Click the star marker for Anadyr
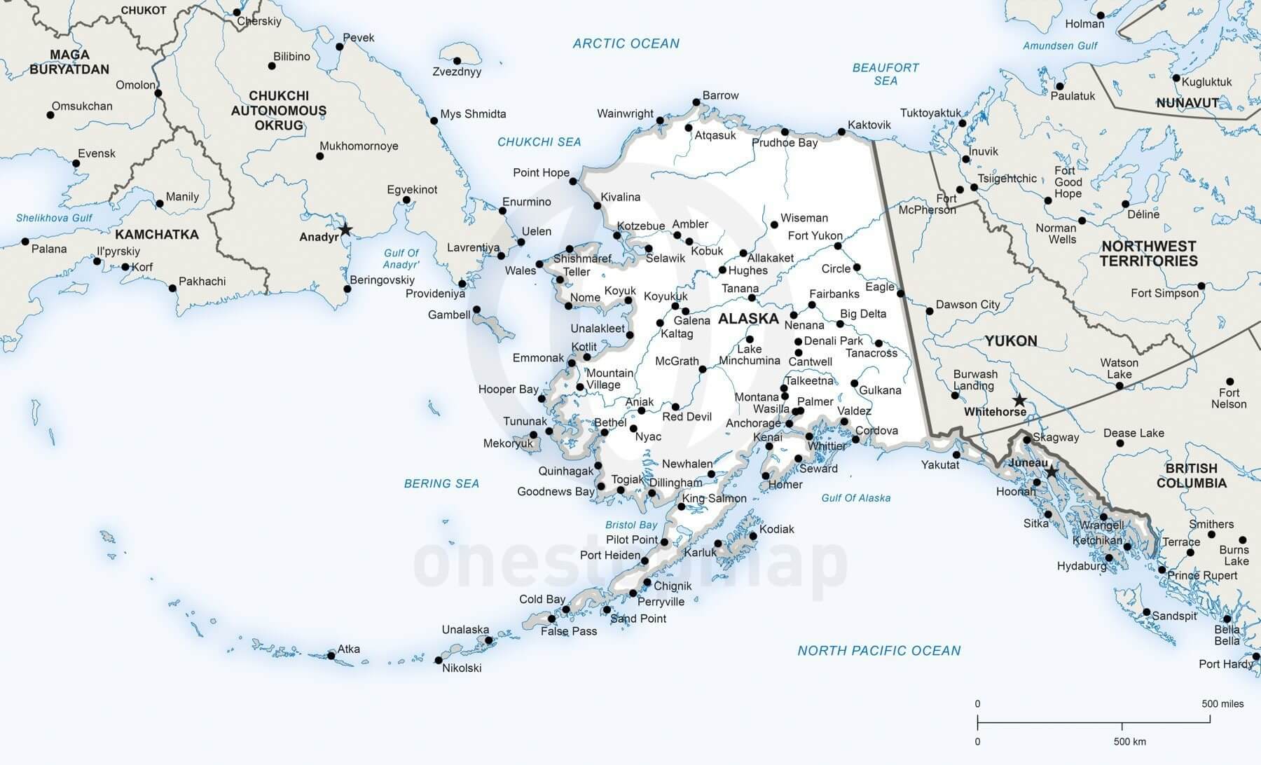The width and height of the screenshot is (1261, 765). [345, 230]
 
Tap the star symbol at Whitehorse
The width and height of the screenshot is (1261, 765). [1020, 401]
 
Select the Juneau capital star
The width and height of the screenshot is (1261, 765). [1051, 473]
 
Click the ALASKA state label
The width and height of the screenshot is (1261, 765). [748, 319]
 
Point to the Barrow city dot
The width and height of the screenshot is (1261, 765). [696, 102]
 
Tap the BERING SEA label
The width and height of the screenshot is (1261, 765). [441, 483]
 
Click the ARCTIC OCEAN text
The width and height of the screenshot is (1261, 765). [626, 43]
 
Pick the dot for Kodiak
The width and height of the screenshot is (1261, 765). [753, 537]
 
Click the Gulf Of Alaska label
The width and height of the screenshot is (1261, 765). [855, 498]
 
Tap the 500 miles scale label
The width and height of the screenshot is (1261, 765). [1222, 704]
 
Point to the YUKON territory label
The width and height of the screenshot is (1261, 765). [1010, 341]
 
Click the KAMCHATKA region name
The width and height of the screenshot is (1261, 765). [157, 235]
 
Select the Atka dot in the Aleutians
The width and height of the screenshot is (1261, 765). [331, 656]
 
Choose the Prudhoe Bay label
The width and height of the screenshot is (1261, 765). [785, 143]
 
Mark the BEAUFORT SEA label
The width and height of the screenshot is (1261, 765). [886, 74]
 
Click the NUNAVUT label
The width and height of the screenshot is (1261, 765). [1187, 103]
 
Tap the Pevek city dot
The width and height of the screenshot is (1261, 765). [339, 47]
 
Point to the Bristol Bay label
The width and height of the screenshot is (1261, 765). [631, 525]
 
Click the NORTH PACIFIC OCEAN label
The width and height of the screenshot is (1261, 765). [878, 651]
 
